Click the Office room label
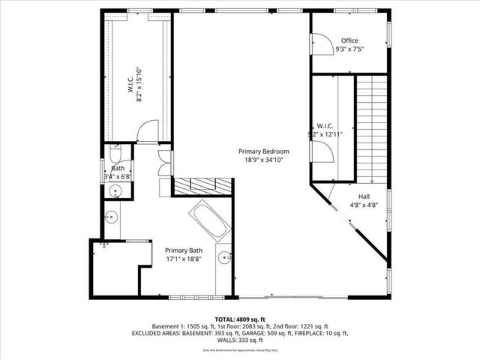[x=349, y=40]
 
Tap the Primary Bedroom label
[x=263, y=151]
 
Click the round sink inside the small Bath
[x=115, y=192]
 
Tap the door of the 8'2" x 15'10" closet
[x=148, y=131]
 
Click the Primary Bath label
[x=184, y=250]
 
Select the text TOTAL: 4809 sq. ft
[x=239, y=319]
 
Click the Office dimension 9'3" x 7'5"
[x=349, y=49]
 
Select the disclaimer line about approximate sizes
[x=239, y=350]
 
